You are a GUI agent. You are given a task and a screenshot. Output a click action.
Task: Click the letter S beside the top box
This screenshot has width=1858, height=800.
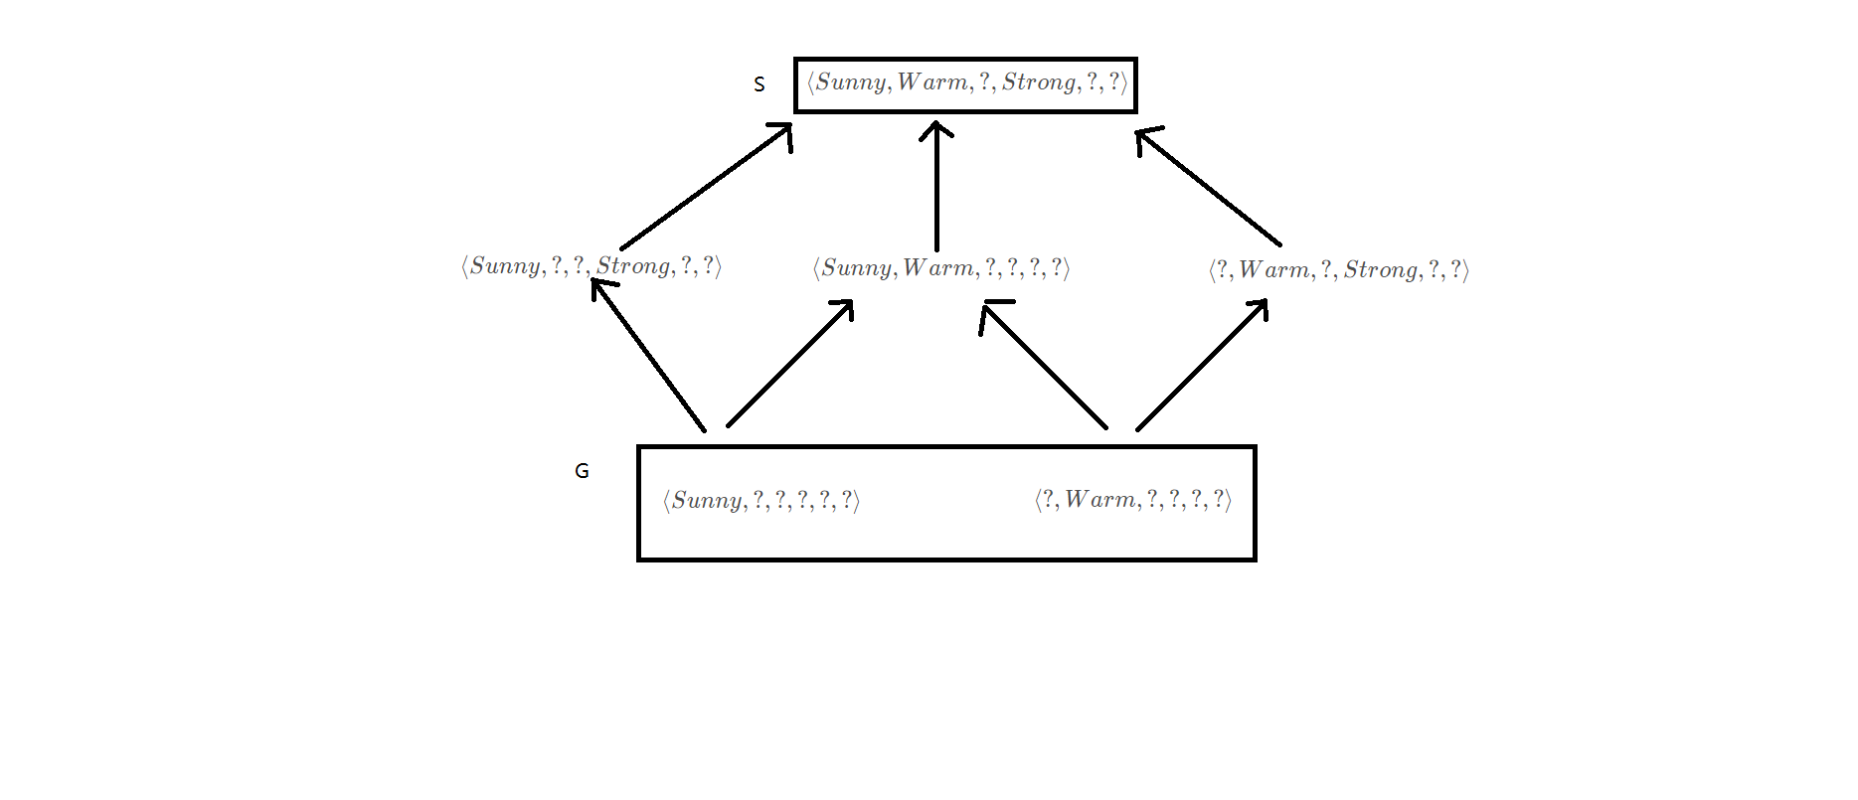tap(760, 84)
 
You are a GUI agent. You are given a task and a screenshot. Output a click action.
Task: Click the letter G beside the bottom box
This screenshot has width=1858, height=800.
tap(582, 471)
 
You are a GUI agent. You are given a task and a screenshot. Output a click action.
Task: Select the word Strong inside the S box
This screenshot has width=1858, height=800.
tap(1039, 82)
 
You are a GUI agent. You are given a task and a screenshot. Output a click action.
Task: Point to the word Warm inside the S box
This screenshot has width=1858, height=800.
tap(931, 82)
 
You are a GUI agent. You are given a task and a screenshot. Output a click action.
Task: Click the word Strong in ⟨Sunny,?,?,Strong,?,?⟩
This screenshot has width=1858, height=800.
tap(633, 266)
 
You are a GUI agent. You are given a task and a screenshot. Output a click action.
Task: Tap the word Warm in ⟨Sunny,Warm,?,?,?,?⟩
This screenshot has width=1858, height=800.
tap(937, 268)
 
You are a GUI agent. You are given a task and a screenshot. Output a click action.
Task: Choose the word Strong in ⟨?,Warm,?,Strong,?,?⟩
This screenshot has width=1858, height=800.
tap(1381, 270)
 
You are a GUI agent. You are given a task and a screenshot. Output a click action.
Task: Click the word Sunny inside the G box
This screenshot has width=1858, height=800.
tap(707, 500)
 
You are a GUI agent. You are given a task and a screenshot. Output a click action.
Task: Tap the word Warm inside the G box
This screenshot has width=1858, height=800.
tap(1099, 500)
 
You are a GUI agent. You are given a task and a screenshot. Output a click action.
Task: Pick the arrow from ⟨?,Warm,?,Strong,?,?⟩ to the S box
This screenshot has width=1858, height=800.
tap(1210, 188)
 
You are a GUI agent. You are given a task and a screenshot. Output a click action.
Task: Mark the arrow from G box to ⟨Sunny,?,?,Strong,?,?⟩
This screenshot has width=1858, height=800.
tap(648, 355)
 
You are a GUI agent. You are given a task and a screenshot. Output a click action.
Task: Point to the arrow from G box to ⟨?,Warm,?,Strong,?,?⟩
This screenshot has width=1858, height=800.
tap(1203, 364)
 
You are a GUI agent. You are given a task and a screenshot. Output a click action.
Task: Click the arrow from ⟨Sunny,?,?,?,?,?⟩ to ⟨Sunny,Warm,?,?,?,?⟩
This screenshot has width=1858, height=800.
tap(790, 364)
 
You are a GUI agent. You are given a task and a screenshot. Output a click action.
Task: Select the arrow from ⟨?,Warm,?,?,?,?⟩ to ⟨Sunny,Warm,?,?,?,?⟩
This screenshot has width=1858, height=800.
tap(1044, 366)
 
